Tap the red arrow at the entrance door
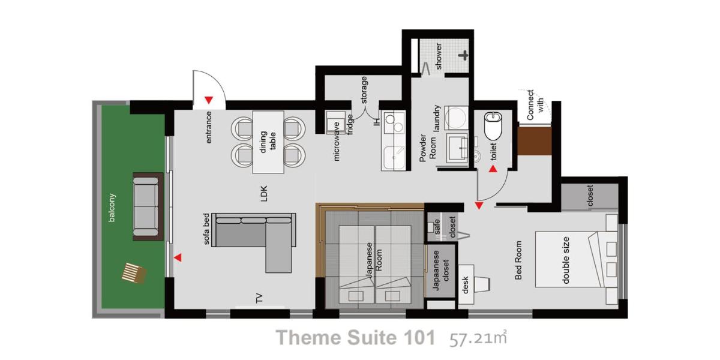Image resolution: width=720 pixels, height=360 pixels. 209,100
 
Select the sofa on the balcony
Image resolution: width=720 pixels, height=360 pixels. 148,206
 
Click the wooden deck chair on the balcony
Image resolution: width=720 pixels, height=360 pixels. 134,273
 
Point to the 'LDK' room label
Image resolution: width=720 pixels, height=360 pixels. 263,193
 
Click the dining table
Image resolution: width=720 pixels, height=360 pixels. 268,142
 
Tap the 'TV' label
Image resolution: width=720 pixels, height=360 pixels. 259,298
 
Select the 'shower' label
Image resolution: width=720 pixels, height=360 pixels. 438,56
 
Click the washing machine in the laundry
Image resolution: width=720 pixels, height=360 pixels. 457,118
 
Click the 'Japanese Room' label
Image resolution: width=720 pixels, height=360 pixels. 374,260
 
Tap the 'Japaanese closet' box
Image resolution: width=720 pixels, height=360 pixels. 440,271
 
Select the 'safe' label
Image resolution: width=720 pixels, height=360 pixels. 437,227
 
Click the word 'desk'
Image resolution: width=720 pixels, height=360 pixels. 465,285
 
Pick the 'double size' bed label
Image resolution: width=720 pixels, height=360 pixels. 566,260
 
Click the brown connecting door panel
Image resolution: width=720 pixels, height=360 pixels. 534,141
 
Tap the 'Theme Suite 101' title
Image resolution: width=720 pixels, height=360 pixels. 355,337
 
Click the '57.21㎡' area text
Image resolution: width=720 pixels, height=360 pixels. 478,338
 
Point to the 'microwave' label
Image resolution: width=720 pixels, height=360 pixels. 336,142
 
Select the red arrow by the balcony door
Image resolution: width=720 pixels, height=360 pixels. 178,257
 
